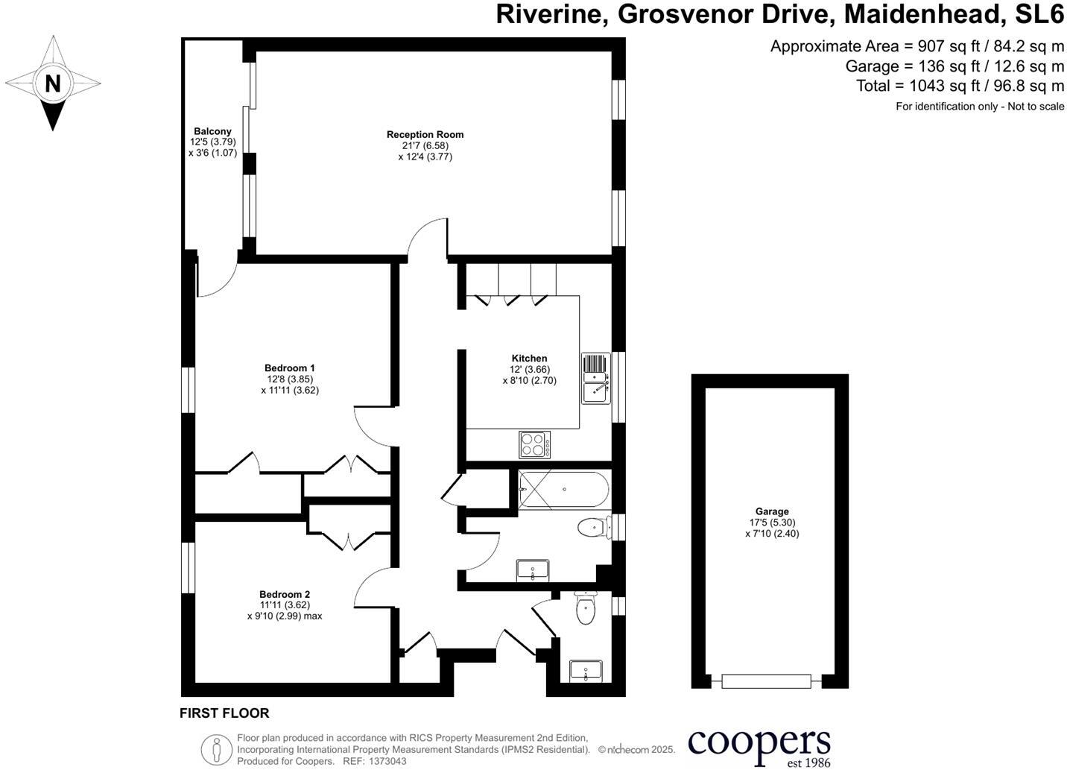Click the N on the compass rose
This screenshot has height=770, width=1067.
pyautogui.click(x=52, y=83)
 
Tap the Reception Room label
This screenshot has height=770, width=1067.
pyautogui.click(x=425, y=135)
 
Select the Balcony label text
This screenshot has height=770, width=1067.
pyautogui.click(x=212, y=132)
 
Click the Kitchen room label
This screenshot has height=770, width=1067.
pyautogui.click(x=529, y=359)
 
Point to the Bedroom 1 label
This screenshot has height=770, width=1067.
pyautogui.click(x=289, y=368)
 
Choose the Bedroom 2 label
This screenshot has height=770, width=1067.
pyautogui.click(x=284, y=595)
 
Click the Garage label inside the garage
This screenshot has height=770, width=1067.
pyautogui.click(x=771, y=512)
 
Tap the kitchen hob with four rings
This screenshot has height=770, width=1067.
pyautogui.click(x=535, y=445)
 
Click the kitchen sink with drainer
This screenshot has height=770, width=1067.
pyautogui.click(x=595, y=377)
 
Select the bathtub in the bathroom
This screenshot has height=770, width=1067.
pyautogui.click(x=563, y=490)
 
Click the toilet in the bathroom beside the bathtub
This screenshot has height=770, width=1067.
pyautogui.click(x=592, y=528)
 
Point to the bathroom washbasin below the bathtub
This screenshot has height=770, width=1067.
pyautogui.click(x=533, y=570)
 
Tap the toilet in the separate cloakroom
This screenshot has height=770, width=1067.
pyautogui.click(x=586, y=609)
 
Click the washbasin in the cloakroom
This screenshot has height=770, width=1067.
pyautogui.click(x=586, y=671)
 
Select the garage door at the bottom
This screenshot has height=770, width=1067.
pyautogui.click(x=765, y=681)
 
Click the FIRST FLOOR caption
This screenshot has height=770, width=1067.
pyautogui.click(x=224, y=713)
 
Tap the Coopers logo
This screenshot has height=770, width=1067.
pyautogui.click(x=759, y=746)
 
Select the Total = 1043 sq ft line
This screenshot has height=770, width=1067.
pyautogui.click(x=960, y=86)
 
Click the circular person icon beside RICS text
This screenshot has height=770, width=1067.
pyautogui.click(x=216, y=749)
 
